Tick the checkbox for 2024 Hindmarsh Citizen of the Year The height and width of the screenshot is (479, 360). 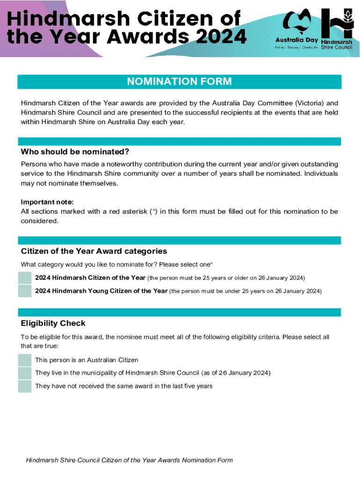click(25, 278)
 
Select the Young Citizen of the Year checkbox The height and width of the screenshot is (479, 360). click(25, 291)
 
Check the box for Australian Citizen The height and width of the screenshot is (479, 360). click(25, 360)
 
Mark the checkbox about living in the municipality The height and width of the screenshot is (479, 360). click(25, 373)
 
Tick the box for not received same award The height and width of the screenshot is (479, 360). click(25, 386)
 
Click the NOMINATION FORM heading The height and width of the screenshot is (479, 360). click(180, 82)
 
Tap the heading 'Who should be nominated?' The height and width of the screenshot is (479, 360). click(74, 152)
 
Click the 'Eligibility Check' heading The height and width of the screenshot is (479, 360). click(53, 323)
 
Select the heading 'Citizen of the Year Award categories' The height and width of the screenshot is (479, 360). click(94, 251)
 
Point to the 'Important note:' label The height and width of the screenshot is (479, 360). click(47, 202)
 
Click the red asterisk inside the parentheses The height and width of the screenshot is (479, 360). click(155, 211)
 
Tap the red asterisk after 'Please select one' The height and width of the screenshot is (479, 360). click(211, 265)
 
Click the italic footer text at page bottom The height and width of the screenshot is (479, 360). click(129, 460)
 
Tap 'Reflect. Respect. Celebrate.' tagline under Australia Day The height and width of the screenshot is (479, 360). click(297, 47)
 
